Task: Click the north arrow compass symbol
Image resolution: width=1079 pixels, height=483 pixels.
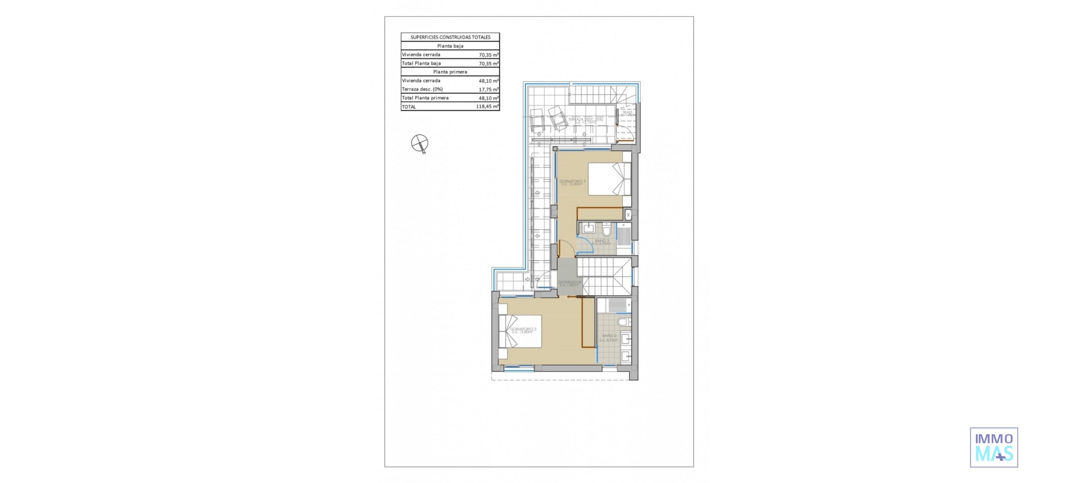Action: click(x=419, y=143)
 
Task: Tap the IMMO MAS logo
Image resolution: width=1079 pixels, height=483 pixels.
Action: click(x=994, y=447)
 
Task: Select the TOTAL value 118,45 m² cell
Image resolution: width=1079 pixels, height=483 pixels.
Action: click(x=487, y=107)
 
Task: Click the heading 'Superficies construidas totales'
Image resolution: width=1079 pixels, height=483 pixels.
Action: click(x=450, y=37)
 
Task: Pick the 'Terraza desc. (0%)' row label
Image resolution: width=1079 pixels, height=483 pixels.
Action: click(x=422, y=89)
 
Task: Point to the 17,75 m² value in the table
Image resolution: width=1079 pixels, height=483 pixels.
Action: click(x=488, y=89)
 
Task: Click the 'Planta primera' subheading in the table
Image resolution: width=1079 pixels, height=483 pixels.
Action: click(x=450, y=72)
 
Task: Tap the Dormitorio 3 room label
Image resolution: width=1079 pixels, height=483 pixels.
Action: click(x=572, y=182)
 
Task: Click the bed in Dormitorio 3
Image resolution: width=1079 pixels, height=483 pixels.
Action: click(x=609, y=179)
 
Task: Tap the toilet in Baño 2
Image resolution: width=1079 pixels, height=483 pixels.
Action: click(x=623, y=323)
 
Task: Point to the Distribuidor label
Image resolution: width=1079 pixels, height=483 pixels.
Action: click(x=569, y=283)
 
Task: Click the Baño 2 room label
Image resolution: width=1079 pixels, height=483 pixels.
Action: click(x=609, y=338)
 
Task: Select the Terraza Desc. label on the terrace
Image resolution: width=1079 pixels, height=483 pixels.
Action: click(x=585, y=120)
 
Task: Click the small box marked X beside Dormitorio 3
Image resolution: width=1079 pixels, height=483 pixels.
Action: click(x=628, y=215)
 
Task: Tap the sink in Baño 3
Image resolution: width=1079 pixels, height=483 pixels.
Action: click(x=588, y=227)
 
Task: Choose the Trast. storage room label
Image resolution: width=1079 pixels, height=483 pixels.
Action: click(x=627, y=113)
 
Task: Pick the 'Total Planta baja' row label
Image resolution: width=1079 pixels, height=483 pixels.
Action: click(x=421, y=63)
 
